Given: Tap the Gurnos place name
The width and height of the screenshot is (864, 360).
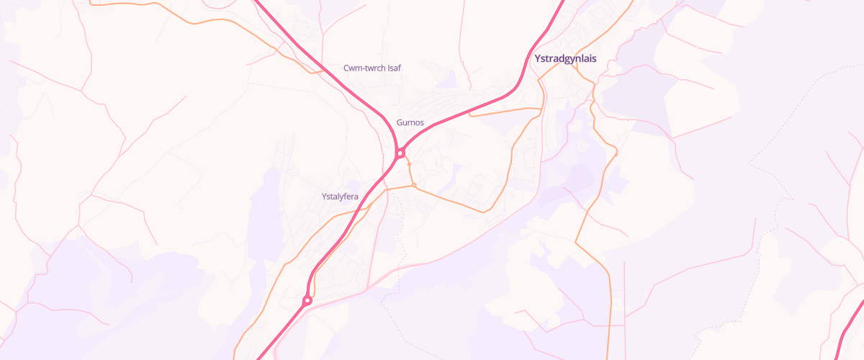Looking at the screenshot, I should coord(410,122).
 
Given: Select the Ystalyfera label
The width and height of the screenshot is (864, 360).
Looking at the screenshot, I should coord(340,196).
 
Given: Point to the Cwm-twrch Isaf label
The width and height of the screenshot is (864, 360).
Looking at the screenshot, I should coord(372,68).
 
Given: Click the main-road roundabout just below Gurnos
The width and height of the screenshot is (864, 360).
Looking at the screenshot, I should coord(400,153).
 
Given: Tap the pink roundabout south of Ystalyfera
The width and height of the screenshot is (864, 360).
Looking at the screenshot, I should coord(307,300).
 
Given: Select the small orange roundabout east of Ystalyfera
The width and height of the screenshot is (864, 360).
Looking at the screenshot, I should coord(414,186).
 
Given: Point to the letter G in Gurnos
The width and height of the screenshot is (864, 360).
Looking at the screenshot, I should coord(400,122).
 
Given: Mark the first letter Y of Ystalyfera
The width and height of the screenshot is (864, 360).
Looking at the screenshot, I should coord(324,196).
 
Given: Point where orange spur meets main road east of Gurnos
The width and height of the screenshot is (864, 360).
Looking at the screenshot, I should coord(469,113).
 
